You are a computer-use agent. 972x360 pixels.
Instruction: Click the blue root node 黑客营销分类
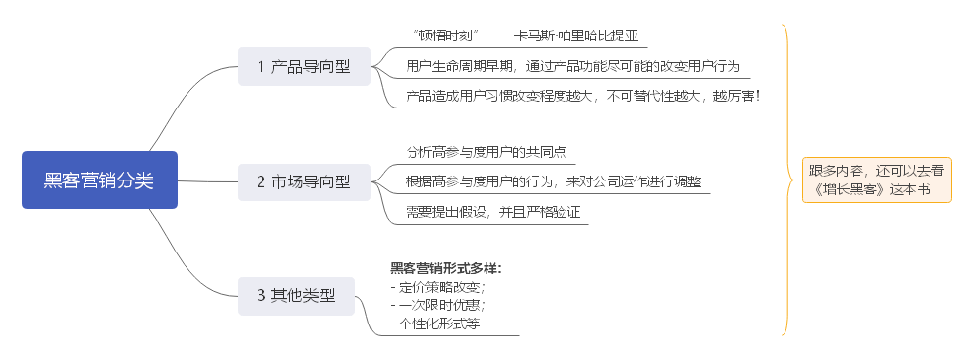[x=99, y=180]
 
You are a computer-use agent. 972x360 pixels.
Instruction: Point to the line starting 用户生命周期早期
[x=572, y=67]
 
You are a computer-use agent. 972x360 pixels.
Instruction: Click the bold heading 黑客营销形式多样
[x=445, y=268]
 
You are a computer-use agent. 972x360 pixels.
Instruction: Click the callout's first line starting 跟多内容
[x=875, y=170]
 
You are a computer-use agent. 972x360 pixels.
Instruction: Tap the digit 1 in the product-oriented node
[x=261, y=67]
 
